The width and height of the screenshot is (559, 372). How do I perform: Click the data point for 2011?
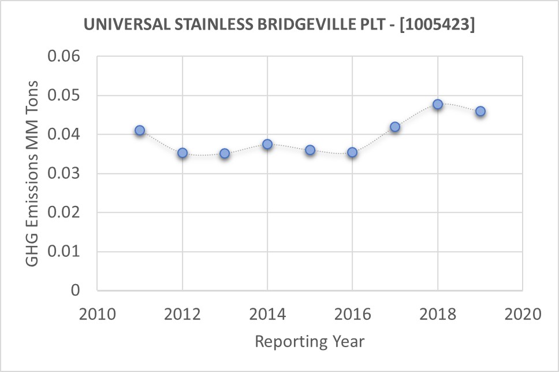tap(140, 131)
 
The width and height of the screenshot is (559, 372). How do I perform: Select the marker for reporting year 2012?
tap(182, 153)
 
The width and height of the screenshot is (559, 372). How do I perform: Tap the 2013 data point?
tap(225, 153)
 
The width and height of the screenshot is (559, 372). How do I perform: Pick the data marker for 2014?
tap(267, 144)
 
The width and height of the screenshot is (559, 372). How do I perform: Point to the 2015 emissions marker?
tap(310, 150)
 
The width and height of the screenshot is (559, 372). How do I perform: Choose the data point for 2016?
tap(352, 152)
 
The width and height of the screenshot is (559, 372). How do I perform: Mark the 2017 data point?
tap(395, 127)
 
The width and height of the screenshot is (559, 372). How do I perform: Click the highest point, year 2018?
tap(438, 104)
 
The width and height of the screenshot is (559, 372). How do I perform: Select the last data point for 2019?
tap(480, 111)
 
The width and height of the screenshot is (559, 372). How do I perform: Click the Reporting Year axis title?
tap(310, 341)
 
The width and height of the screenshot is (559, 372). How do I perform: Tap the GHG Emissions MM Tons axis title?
tap(32, 174)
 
